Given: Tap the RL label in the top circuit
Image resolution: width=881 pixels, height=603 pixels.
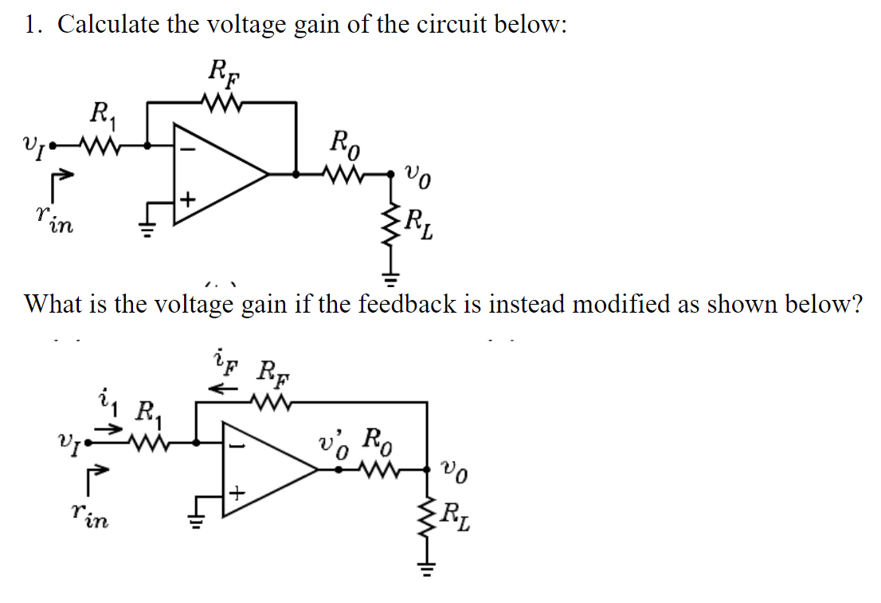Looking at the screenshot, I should (x=421, y=220).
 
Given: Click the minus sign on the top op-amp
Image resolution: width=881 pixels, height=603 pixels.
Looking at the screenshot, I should (x=190, y=148).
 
